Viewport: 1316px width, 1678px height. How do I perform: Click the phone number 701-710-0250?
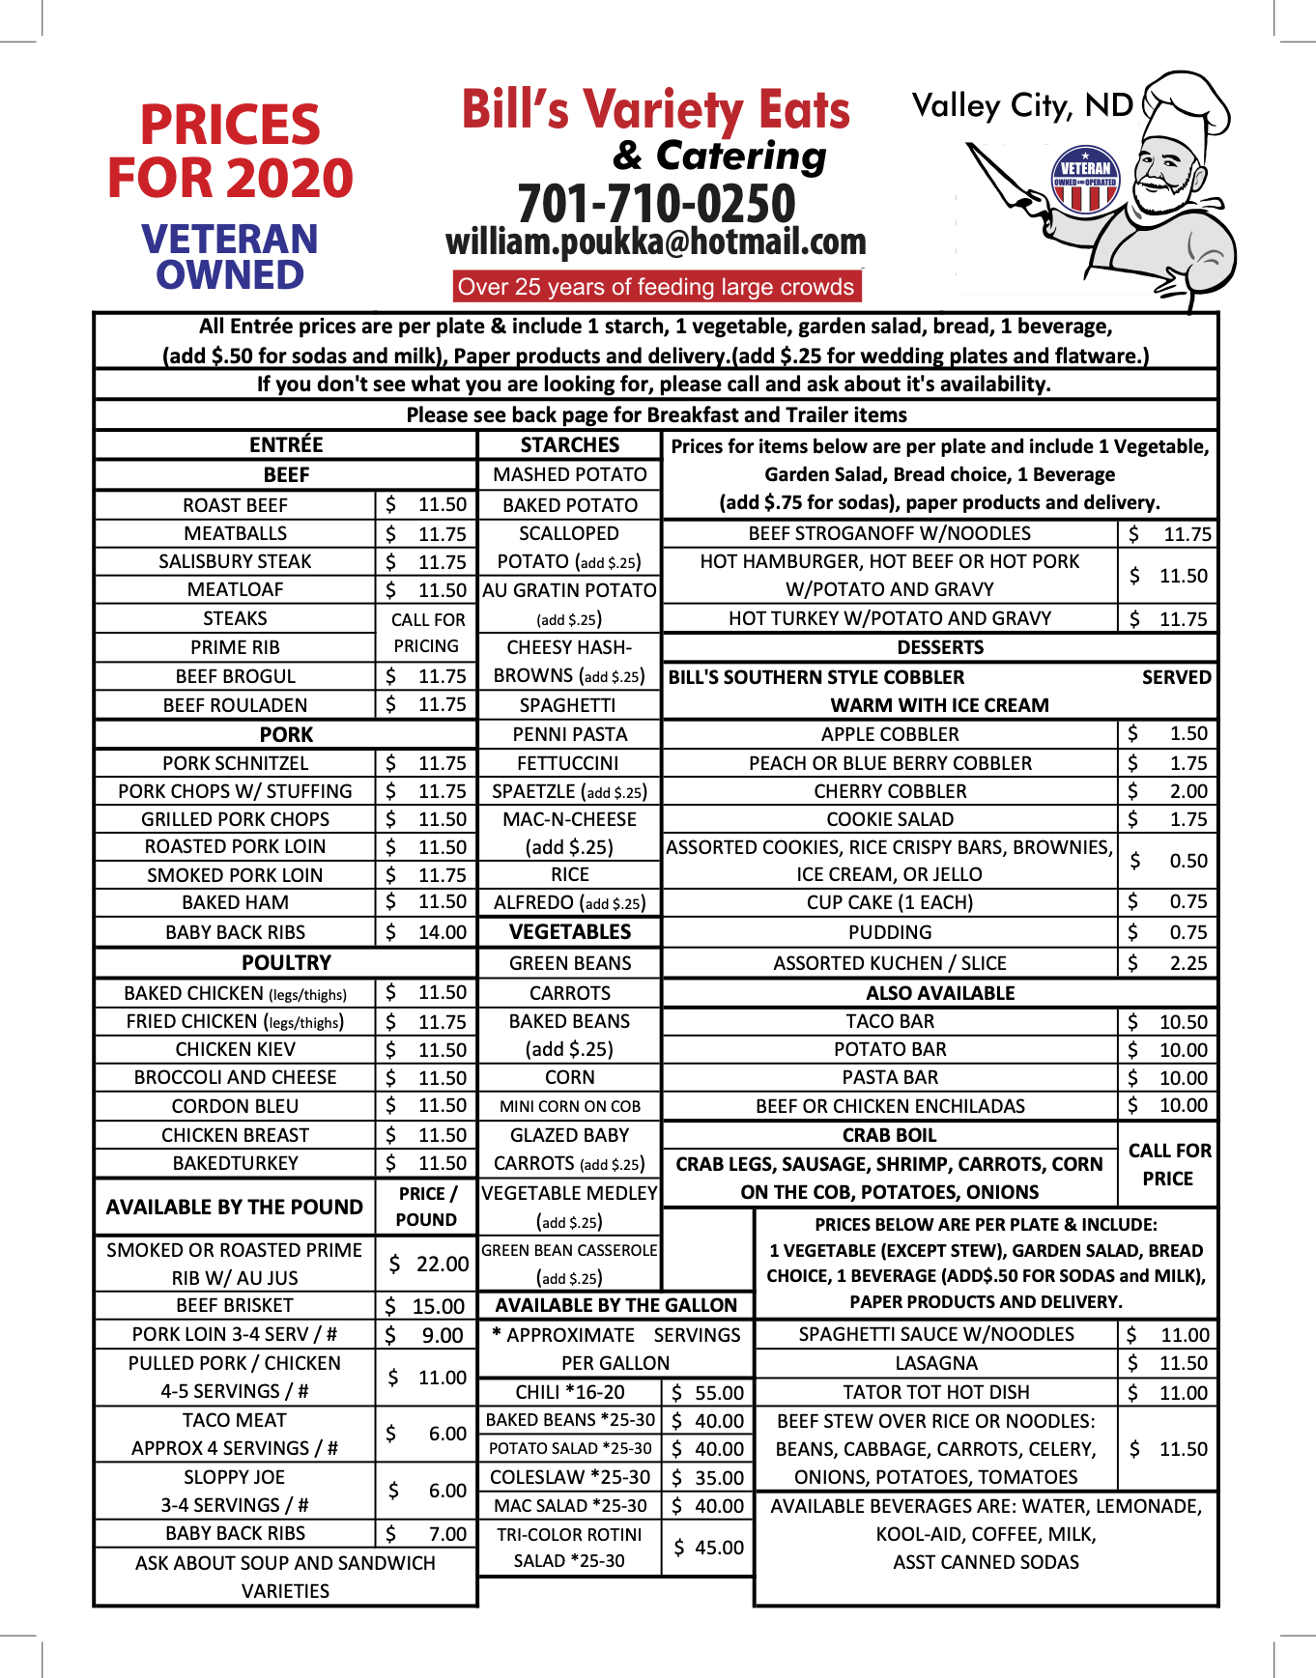656,204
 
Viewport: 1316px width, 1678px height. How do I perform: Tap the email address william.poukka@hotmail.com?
656,242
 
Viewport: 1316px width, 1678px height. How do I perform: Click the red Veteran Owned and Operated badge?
1085,179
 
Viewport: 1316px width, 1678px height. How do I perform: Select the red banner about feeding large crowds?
656,287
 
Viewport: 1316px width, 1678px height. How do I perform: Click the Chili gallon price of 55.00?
707,1393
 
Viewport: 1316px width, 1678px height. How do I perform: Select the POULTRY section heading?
286,963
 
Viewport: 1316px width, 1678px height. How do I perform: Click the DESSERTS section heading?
940,647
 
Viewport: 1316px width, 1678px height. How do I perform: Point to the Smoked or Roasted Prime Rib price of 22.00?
428,1264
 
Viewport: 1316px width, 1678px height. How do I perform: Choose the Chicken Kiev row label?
236,1050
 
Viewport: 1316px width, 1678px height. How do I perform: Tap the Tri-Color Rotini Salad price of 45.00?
707,1548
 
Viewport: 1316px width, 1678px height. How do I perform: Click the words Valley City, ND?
1022,105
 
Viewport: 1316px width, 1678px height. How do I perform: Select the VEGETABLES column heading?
570,932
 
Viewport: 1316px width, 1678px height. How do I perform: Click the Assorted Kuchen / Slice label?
890,963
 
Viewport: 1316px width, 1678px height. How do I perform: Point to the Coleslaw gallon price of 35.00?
707,1478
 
